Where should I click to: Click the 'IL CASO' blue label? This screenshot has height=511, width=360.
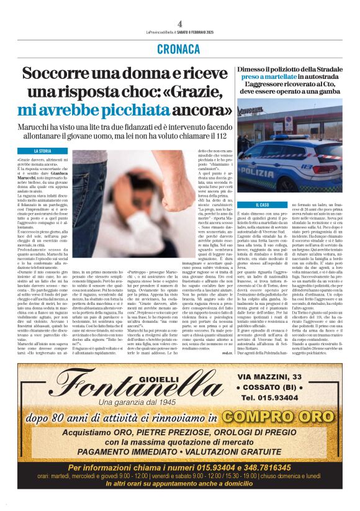[x=263, y=204]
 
